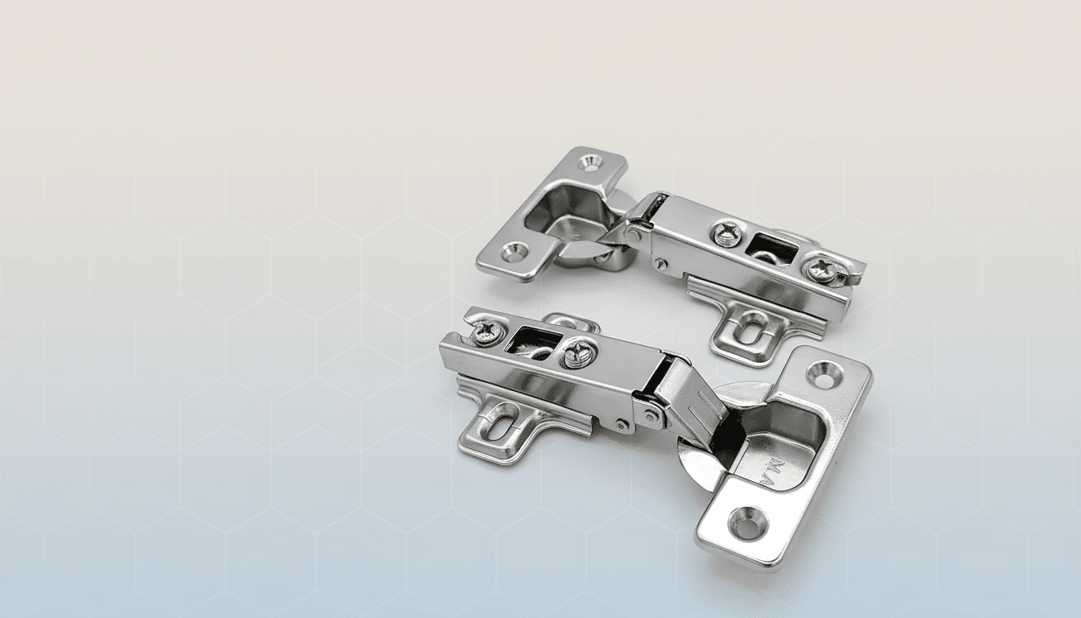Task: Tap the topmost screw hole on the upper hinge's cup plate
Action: tap(590, 163)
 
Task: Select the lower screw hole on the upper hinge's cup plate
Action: tap(513, 253)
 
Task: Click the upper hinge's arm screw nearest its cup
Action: tap(727, 233)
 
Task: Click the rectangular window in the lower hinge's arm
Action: tap(532, 341)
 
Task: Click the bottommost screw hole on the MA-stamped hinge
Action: tap(747, 523)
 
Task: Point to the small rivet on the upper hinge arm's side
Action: tap(660, 264)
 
